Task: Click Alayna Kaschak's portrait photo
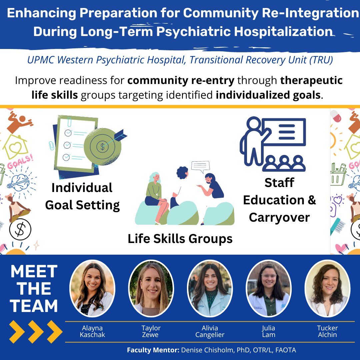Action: (x=92, y=288)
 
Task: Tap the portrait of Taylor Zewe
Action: (x=151, y=288)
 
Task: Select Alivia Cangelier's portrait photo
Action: (x=210, y=288)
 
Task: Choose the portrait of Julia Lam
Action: (x=268, y=288)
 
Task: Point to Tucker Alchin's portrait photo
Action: (x=327, y=288)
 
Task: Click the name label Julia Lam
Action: (x=268, y=331)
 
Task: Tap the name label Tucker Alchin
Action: (x=327, y=331)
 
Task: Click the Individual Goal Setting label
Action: (x=82, y=196)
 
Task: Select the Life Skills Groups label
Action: (x=180, y=239)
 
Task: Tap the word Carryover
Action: (x=279, y=217)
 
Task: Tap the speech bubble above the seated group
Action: (x=200, y=166)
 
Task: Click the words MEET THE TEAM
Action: (x=34, y=289)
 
